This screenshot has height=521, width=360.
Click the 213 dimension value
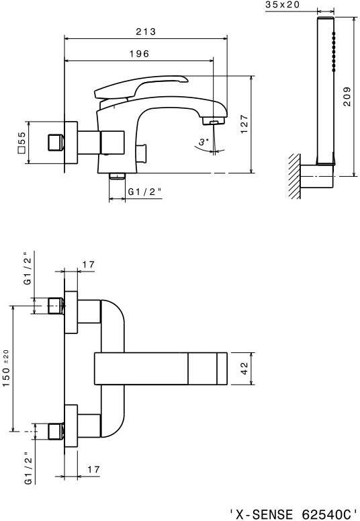146,32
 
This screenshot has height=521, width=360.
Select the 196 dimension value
139,54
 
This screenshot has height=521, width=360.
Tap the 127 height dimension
244,124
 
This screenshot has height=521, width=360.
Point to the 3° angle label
204,142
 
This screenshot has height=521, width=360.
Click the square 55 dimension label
21,143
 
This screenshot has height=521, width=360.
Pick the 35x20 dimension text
282,4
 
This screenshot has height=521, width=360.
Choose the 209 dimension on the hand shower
347,96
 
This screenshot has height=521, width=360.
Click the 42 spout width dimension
244,368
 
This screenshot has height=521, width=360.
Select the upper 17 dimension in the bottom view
89,265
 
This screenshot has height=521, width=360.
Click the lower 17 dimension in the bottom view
93,469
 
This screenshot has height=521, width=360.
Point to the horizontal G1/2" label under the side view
145,192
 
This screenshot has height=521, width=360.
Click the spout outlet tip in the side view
214,122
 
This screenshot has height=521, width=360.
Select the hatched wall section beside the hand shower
295,176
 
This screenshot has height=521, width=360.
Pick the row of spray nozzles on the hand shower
333,52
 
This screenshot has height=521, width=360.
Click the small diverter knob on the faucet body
143,153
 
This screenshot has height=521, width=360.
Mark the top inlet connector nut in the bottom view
56,306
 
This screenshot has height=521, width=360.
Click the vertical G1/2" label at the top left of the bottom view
28,271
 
